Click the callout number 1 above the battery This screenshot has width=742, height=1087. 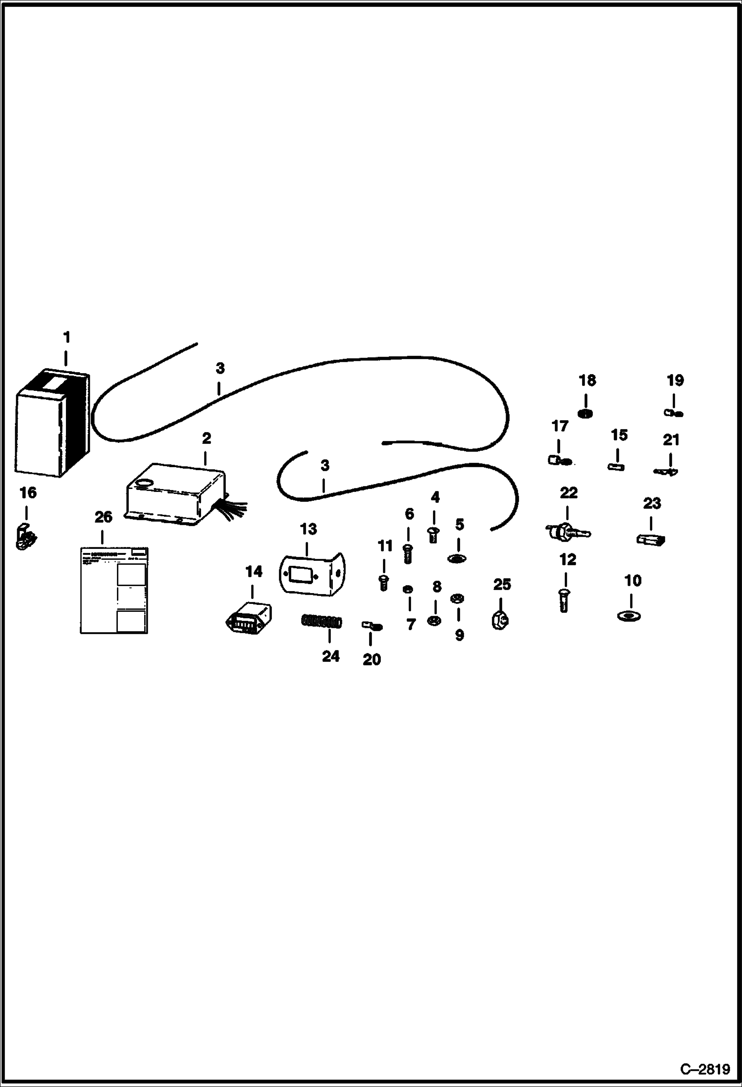66,337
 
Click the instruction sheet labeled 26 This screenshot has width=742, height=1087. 114,590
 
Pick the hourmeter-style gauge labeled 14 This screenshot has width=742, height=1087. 249,618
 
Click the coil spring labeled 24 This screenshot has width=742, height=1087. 321,621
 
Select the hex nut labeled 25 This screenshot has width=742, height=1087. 501,619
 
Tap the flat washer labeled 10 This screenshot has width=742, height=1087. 629,616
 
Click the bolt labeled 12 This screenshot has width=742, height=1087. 563,599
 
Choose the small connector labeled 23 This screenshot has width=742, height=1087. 650,539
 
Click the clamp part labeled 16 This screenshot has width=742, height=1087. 26,538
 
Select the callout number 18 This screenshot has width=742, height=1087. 587,380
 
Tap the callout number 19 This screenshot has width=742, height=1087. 675,380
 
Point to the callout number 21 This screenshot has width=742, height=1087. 671,440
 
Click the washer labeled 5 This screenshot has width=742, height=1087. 458,558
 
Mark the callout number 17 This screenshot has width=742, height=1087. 560,426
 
